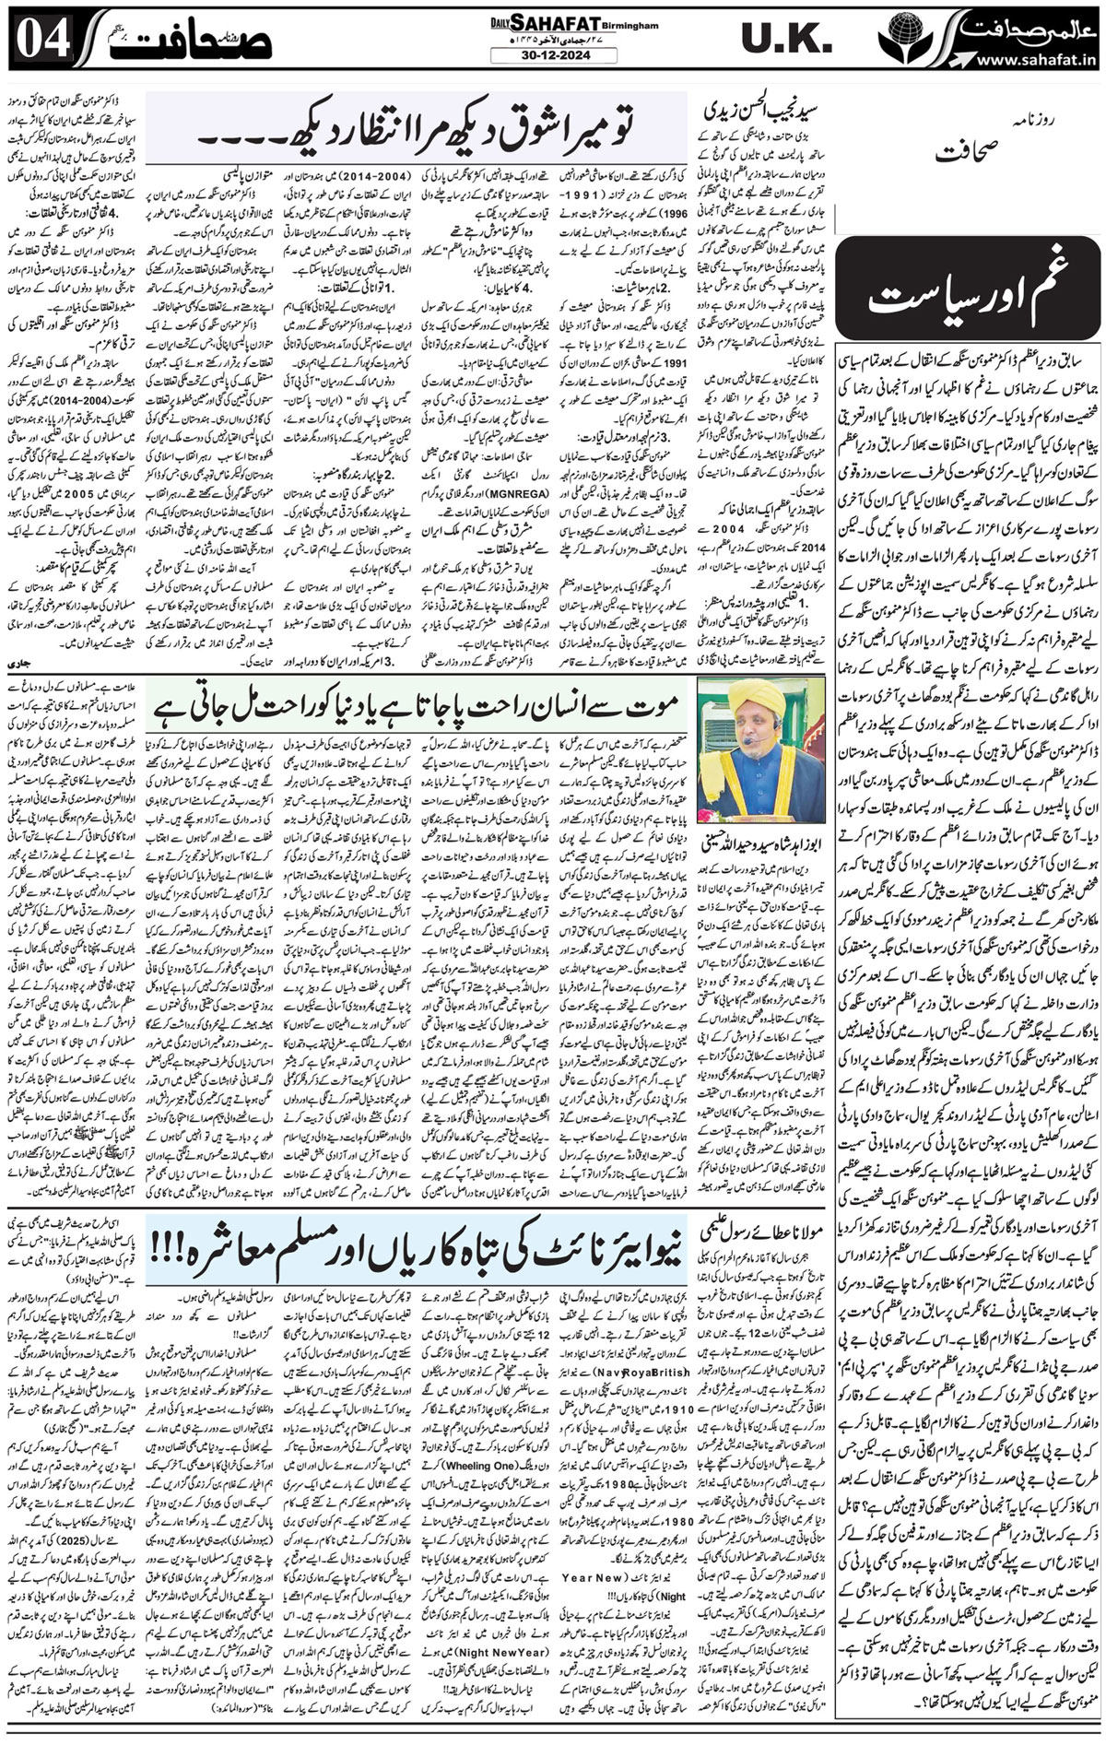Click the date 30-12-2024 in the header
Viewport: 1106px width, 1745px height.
[553, 56]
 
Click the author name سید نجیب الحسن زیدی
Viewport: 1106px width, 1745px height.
[770, 108]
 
